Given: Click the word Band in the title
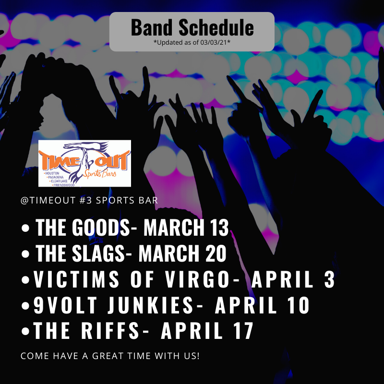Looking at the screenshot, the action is pos(151,27).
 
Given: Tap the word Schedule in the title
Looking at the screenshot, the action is pos(216,27).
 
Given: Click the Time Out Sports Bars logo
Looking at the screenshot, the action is pos(85,163).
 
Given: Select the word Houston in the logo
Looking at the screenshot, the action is pos(52,173).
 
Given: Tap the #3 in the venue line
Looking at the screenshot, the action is pos(86,200).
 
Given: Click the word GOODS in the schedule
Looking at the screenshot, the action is pos(101,227).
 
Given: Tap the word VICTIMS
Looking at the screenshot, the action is pos(76,279).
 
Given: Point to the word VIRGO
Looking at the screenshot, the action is pos(197,279).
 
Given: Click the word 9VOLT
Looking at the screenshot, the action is pos(65,305).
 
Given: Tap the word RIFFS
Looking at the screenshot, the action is pos(110,331).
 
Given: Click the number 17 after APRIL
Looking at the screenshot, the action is pos(244,331).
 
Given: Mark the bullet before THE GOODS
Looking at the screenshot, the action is pos(25,228).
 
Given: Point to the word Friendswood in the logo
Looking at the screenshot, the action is pos(64,185).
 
